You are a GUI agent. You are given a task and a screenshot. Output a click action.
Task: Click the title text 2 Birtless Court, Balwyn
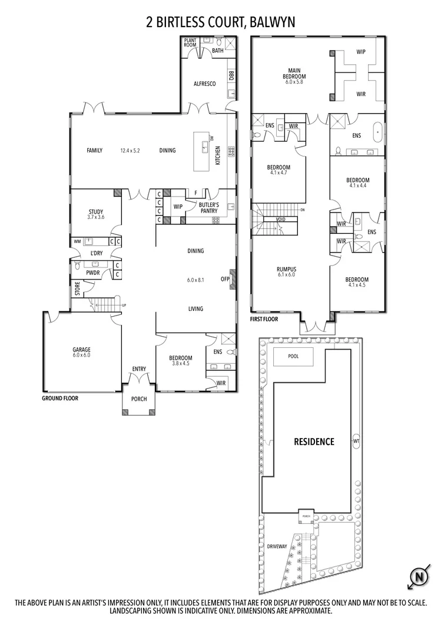click(220, 22)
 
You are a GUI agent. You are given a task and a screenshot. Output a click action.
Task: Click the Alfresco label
click(204, 84)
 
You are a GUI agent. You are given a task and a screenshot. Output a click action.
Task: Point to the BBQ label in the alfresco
click(231, 75)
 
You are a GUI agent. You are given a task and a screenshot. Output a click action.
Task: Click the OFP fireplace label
click(224, 279)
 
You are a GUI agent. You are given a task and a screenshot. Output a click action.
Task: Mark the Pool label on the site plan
click(293, 357)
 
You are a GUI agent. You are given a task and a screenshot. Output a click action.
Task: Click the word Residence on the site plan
click(314, 442)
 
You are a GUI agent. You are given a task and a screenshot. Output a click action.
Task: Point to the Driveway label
click(277, 546)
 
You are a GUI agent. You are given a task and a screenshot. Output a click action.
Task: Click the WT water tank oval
click(356, 440)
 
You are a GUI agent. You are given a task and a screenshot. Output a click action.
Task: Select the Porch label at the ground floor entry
click(139, 399)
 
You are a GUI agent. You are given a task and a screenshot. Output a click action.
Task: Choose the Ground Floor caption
click(60, 398)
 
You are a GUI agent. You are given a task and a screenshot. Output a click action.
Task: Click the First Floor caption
click(264, 319)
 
